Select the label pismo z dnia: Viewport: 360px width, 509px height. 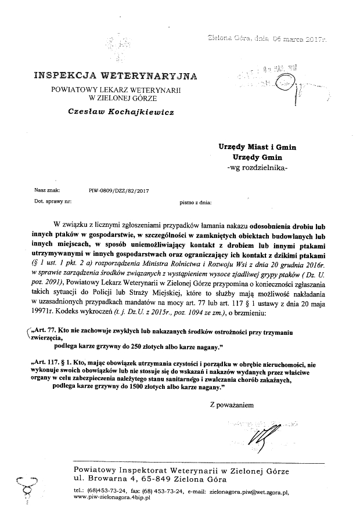click(196, 202)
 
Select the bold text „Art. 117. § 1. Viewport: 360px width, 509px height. click(51, 362)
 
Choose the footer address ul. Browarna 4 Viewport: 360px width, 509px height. click(105, 479)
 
